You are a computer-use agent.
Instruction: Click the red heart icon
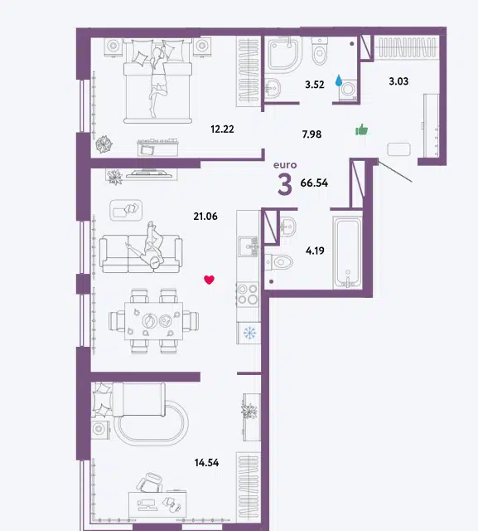tap(210, 280)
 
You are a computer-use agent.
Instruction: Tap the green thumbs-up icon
tap(361, 129)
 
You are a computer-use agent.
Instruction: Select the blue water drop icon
tap(338, 80)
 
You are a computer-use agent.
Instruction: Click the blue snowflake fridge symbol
tap(250, 333)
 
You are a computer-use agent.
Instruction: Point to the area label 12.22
tap(222, 129)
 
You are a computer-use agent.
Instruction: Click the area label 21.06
tap(205, 216)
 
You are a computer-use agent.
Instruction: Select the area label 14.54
tap(206, 462)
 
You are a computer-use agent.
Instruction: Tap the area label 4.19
tap(315, 251)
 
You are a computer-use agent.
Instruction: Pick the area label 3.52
tap(314, 85)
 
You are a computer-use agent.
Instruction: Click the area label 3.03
tap(398, 81)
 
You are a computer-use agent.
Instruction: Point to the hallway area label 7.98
tap(311, 134)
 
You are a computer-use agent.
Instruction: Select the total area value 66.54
tap(314, 183)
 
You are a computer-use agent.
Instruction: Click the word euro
tap(285, 165)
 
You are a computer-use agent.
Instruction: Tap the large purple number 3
tap(285, 184)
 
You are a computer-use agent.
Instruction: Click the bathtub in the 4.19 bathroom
tap(347, 252)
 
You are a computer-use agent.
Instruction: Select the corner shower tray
tap(285, 54)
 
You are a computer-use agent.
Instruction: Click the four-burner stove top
tap(248, 295)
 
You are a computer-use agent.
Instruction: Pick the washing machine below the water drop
tap(348, 90)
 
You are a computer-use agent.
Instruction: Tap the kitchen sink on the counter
tap(249, 246)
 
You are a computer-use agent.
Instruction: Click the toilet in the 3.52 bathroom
tap(320, 51)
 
